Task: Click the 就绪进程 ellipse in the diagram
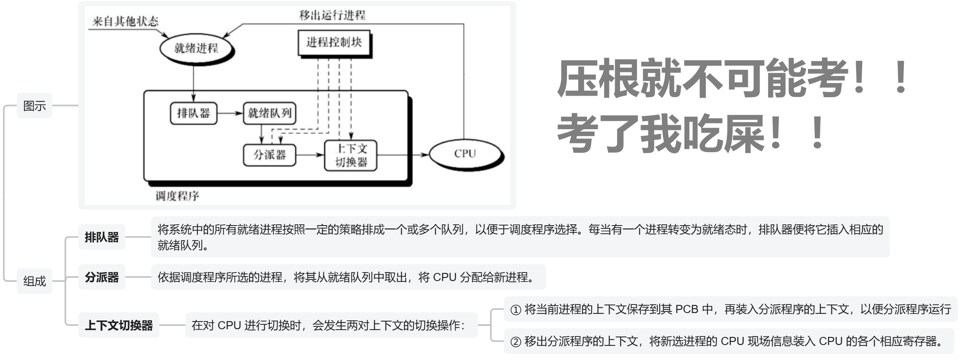(x=196, y=49)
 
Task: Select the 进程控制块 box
(x=334, y=43)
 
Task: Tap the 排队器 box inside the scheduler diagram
(x=193, y=113)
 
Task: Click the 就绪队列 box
(x=269, y=113)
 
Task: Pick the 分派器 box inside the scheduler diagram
(x=269, y=155)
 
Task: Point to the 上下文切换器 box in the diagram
(x=351, y=156)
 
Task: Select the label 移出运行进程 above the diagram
(x=332, y=15)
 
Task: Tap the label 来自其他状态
(x=125, y=21)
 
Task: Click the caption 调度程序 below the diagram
(x=177, y=196)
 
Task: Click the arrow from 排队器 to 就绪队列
(x=230, y=113)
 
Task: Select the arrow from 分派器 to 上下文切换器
(x=310, y=155)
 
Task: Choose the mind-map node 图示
(x=34, y=106)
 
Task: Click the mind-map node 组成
(x=34, y=281)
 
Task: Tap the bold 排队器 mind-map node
(x=102, y=237)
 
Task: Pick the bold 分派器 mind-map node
(x=102, y=277)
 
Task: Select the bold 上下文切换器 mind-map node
(x=119, y=325)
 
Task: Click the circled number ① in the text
(x=516, y=310)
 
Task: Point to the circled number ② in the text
(x=516, y=342)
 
